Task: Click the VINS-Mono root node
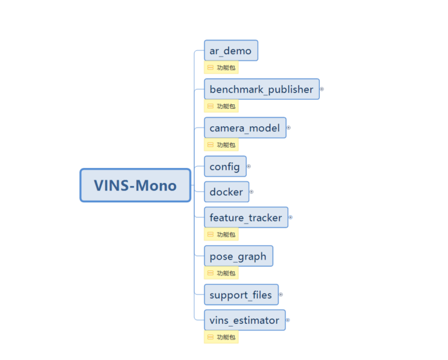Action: tap(135, 185)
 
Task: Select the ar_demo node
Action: tap(231, 51)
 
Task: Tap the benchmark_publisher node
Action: tap(261, 90)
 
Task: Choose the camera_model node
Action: tap(244, 128)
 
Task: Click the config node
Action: tap(224, 167)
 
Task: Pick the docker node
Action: tap(226, 192)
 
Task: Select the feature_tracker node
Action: tap(246, 218)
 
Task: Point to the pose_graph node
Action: tap(238, 256)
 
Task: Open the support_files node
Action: tap(240, 295)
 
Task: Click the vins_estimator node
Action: tap(244, 320)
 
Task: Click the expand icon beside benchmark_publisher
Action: tap(322, 90)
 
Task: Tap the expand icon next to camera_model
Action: tap(288, 128)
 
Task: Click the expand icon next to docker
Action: tap(251, 191)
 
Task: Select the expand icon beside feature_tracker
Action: tap(290, 217)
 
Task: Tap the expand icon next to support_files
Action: tap(281, 294)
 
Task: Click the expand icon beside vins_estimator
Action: tap(287, 319)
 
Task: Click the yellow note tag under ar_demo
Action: tap(221, 67)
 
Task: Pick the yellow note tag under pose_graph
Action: tap(221, 273)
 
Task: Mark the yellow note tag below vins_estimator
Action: tap(221, 337)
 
